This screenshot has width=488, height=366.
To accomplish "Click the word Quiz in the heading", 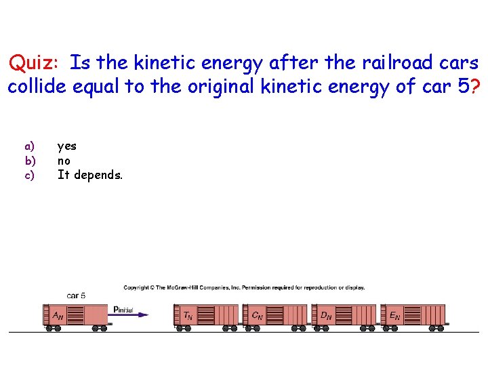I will (x=34, y=64).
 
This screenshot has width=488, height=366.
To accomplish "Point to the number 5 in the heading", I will (x=463, y=87).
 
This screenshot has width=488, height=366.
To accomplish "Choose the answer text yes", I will (x=67, y=146).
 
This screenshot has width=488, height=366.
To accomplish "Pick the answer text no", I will (x=64, y=161).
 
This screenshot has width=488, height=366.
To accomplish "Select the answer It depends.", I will (x=90, y=176).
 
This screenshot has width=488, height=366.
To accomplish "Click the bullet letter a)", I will (x=29, y=146).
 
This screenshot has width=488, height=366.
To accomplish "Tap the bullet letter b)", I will (x=29, y=161).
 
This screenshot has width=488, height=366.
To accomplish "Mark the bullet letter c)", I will (x=29, y=176).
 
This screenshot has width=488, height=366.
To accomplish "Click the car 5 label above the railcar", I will (x=76, y=296).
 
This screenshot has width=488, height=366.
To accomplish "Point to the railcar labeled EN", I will (x=413, y=316).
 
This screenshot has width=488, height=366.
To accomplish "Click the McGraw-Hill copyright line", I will (x=244, y=287).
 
